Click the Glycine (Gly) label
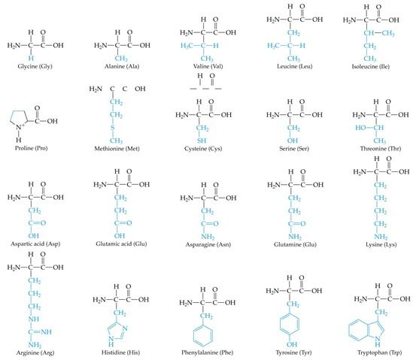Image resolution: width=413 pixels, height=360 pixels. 35,66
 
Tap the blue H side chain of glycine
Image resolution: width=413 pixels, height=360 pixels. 31,58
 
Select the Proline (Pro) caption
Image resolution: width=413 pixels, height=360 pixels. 31,148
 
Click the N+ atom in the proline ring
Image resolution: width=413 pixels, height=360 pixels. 19,127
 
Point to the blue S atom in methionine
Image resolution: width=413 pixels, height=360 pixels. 113,128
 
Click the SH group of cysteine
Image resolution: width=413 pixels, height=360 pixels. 202,141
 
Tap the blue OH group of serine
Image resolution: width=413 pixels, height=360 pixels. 293,141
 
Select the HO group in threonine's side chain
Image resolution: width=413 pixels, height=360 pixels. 360,128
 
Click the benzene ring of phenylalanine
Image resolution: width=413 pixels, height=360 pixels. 203,335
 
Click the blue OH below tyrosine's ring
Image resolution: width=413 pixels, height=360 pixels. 292,344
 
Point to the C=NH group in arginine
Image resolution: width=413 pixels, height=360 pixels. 40,332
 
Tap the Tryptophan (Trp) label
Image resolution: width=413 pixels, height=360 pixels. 379,352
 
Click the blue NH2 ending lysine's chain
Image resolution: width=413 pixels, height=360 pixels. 381,237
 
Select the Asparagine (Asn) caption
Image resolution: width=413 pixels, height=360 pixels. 208,245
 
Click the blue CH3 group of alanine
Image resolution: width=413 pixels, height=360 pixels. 121,58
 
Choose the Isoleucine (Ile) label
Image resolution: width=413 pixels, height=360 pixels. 371,66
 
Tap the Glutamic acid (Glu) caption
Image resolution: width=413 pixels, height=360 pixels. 121,244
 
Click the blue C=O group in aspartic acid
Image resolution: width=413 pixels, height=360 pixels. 37,223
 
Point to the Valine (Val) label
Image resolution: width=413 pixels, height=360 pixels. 208,66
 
